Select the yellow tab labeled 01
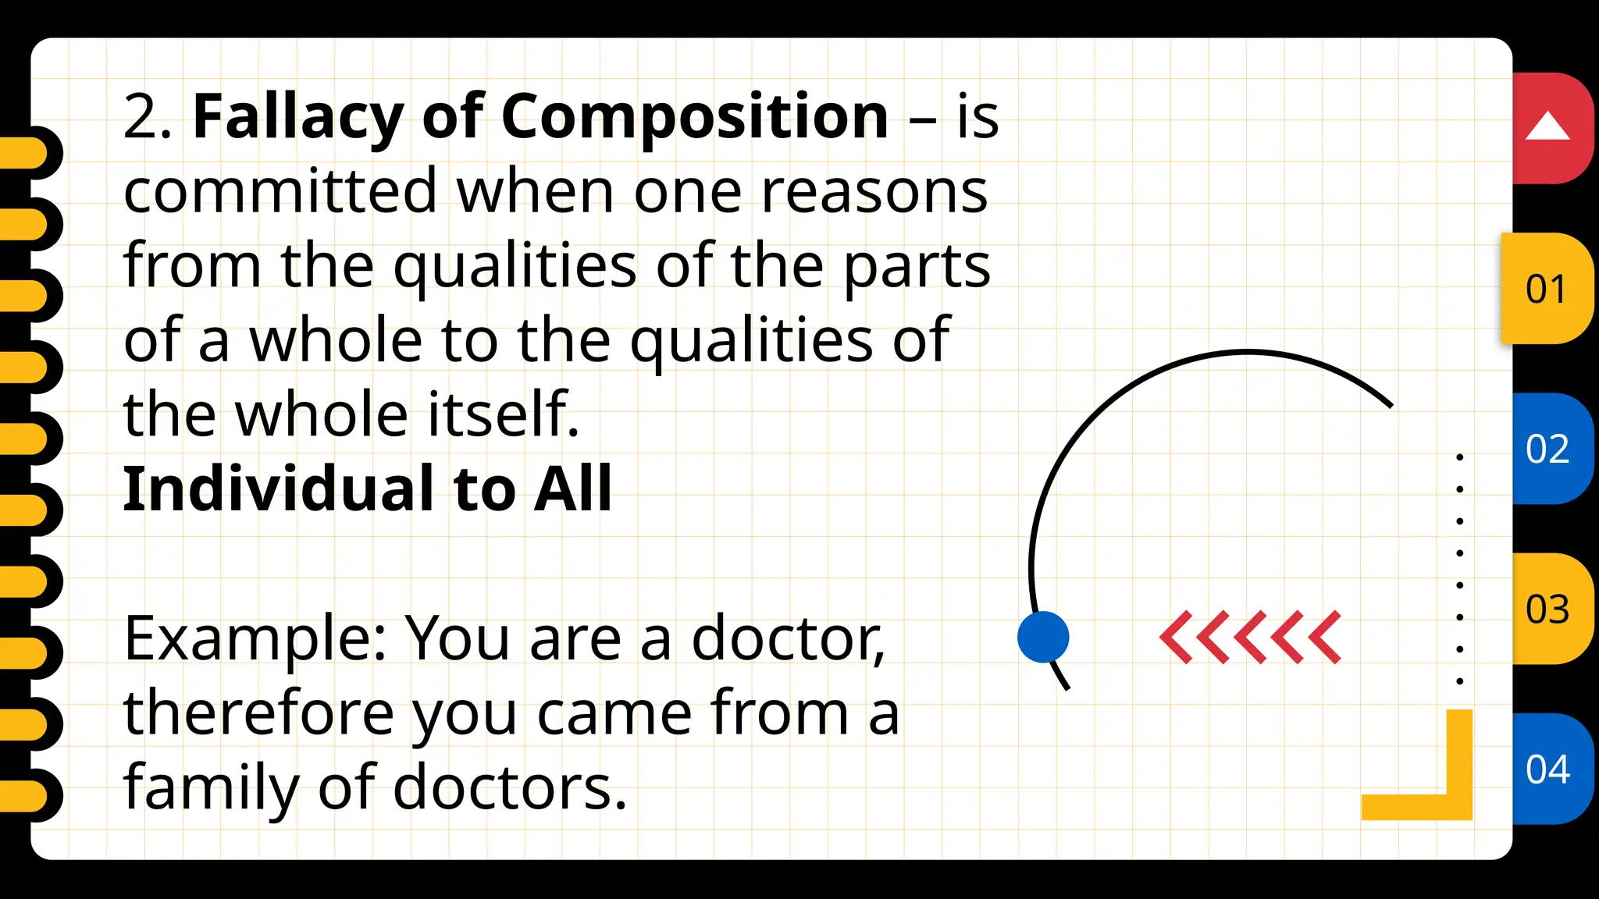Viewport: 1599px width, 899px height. pos(1546,289)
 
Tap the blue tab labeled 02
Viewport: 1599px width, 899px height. pos(1547,449)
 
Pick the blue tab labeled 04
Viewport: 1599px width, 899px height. pos(1547,769)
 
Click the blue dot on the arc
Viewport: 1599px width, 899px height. pos(1043,637)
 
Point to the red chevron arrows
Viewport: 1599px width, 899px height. pos(1250,637)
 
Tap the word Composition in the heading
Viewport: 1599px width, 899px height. pos(694,116)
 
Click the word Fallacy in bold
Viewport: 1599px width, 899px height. pos(297,116)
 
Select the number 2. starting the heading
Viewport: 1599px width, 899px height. pos(148,117)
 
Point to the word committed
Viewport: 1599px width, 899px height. pos(280,191)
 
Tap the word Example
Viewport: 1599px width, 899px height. pos(255,638)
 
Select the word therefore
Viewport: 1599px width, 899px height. pos(258,712)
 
